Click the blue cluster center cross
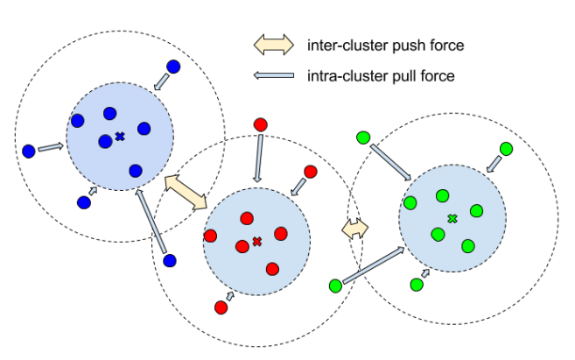pos(120,136)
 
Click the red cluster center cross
pos(256,241)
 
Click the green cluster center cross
pos(452,218)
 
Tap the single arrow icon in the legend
pos(273,76)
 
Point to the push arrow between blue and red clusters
pos(185,190)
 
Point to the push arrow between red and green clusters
pos(354,229)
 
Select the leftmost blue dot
pos(29,152)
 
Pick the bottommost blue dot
pos(170,260)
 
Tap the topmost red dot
pos(259,125)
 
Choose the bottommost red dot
pos(220,307)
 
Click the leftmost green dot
pos(334,286)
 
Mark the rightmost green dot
pos(506,149)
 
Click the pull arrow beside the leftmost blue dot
pos(51,147)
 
